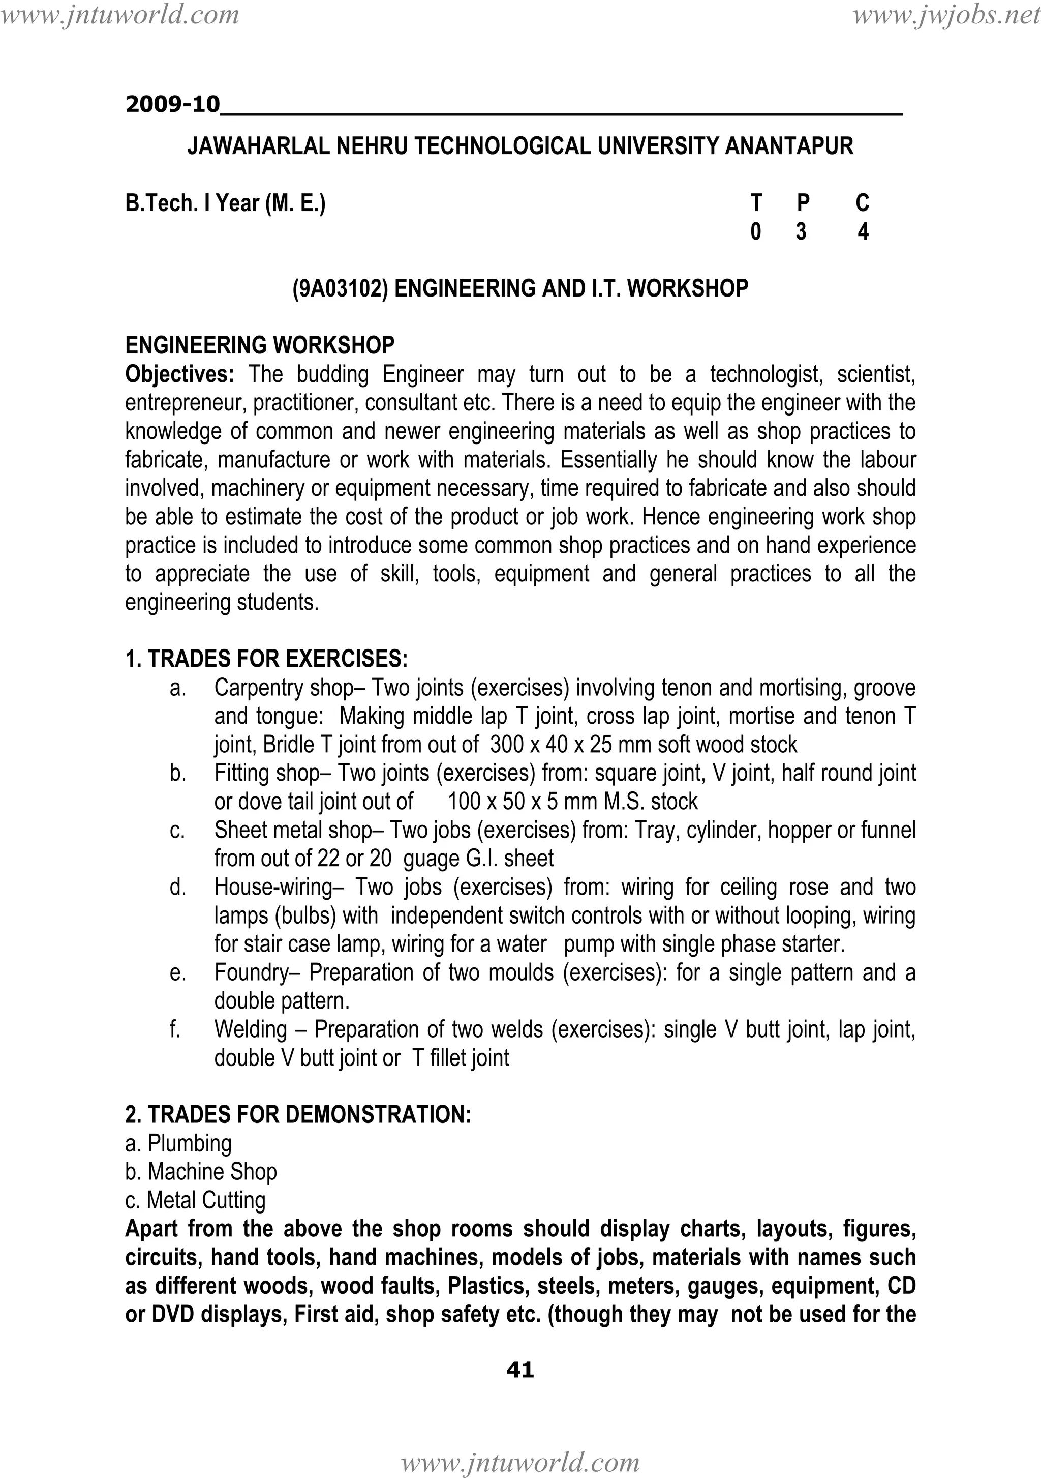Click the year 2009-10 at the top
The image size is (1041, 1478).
(172, 104)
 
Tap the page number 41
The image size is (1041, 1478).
(520, 1369)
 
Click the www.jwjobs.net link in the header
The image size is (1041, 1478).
(946, 14)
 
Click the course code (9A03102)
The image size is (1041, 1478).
(341, 288)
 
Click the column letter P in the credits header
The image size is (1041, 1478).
(802, 203)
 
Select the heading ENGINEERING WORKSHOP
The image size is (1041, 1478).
(259, 346)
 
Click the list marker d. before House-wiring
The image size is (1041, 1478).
(177, 887)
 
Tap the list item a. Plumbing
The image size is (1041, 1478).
(178, 1143)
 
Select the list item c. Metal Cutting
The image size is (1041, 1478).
(195, 1200)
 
